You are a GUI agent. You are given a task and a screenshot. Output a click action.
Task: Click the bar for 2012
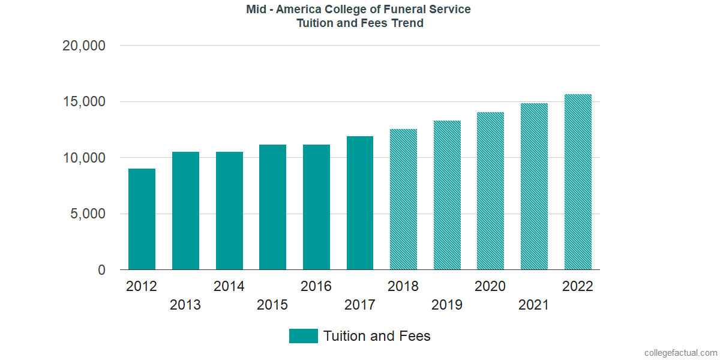[x=142, y=219]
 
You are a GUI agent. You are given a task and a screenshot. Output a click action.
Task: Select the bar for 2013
[x=185, y=211]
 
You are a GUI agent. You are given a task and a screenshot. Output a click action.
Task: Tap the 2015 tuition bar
[x=272, y=207]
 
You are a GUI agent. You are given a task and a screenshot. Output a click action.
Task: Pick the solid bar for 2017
[x=360, y=203]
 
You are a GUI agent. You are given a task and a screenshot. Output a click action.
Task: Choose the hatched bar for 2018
[x=403, y=199]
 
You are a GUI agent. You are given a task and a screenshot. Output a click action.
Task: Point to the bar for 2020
[x=490, y=191]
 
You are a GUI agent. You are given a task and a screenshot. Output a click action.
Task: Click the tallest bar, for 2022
[x=578, y=182]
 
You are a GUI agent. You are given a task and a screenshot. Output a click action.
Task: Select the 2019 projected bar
[x=447, y=195]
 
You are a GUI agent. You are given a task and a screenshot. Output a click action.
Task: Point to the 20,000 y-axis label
[x=84, y=46]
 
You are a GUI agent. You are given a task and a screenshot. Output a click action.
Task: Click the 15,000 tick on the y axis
[x=84, y=102]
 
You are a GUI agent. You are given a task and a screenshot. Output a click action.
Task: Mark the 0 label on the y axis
[x=101, y=271]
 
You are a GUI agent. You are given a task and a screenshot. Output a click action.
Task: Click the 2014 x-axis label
[x=229, y=286]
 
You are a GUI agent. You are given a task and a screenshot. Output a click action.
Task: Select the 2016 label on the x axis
[x=316, y=286]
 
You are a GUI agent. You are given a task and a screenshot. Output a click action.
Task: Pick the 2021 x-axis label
[x=534, y=305]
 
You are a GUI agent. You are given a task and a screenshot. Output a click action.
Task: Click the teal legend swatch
[x=303, y=336]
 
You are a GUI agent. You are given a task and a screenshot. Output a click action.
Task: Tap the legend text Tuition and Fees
[x=377, y=336]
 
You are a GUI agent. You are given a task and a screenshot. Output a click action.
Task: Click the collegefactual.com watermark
[x=680, y=353]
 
